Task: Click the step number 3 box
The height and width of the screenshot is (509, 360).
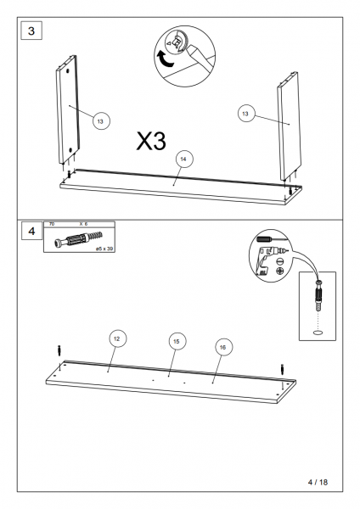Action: tap(31, 31)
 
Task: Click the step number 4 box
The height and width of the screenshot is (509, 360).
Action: tap(32, 231)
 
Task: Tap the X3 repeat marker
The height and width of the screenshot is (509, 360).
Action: tap(151, 141)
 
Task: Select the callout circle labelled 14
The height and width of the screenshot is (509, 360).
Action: tap(184, 159)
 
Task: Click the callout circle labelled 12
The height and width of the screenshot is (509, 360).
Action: tap(117, 338)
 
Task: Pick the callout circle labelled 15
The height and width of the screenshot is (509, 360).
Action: tap(177, 341)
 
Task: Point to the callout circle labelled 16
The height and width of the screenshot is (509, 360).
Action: tap(223, 347)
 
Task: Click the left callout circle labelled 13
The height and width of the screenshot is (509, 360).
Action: tap(101, 120)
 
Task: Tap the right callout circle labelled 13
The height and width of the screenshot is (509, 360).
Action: tap(245, 114)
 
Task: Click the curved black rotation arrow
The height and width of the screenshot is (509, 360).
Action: tap(166, 59)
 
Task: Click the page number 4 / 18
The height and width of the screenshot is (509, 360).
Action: tap(318, 482)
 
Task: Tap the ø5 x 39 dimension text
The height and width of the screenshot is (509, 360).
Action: tap(104, 249)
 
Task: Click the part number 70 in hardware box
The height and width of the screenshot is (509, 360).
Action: tap(51, 224)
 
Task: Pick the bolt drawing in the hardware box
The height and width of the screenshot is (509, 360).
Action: tap(78, 240)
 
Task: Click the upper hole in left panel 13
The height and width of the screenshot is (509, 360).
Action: tap(67, 70)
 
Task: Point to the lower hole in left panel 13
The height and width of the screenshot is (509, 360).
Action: tap(70, 150)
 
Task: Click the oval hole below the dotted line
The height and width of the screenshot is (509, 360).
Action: tap(318, 332)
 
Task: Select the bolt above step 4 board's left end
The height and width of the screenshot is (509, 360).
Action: tap(59, 350)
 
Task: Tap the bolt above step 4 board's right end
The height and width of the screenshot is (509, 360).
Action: tap(282, 369)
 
